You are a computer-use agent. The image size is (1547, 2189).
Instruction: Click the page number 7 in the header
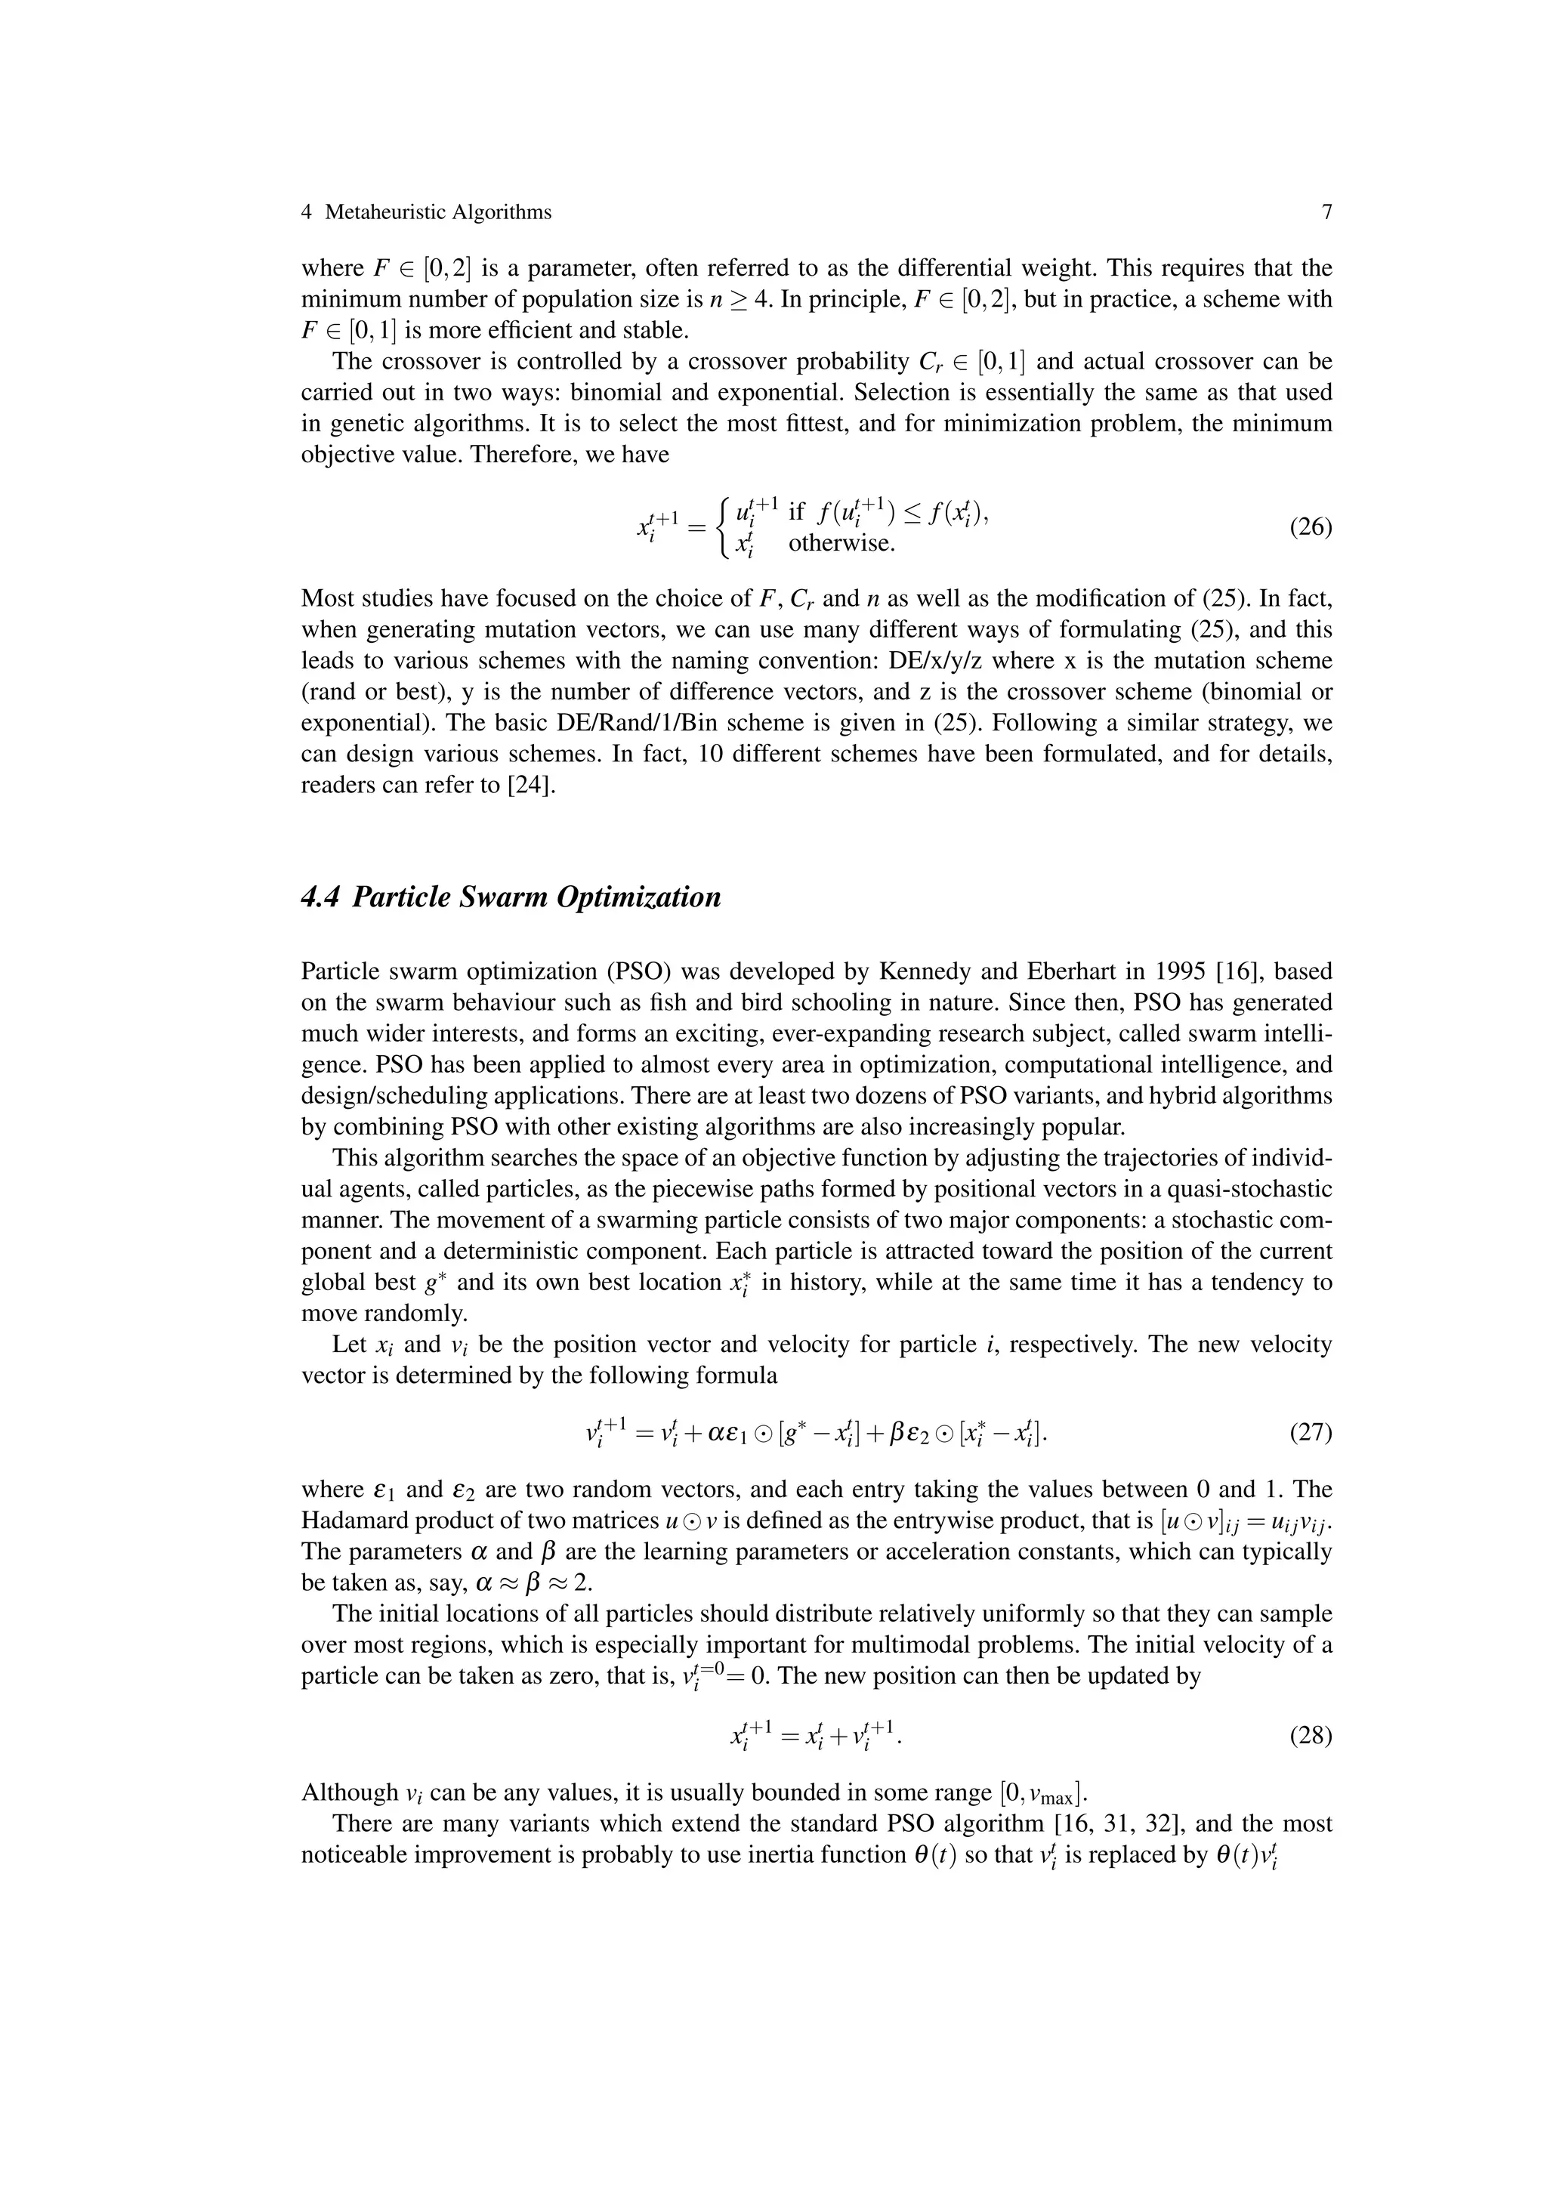pos(1326,212)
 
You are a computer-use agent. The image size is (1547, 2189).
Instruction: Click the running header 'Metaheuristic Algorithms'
pos(437,212)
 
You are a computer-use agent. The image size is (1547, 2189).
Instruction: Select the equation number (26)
pos(1310,527)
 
